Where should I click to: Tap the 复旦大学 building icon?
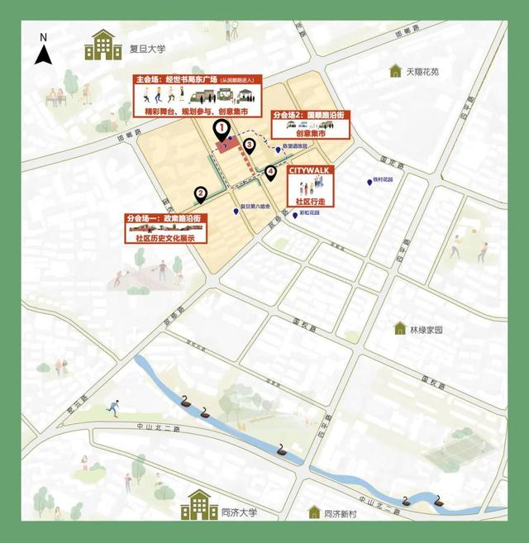tap(102, 45)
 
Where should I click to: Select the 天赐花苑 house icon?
tap(395, 71)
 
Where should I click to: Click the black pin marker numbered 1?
tap(221, 130)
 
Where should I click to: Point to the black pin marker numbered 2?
tap(201, 195)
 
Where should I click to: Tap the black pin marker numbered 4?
tap(271, 174)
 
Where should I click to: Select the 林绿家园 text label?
tap(427, 329)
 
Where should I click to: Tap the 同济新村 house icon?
tap(314, 512)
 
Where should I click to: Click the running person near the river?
tap(112, 407)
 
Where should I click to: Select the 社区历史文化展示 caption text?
tap(165, 238)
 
